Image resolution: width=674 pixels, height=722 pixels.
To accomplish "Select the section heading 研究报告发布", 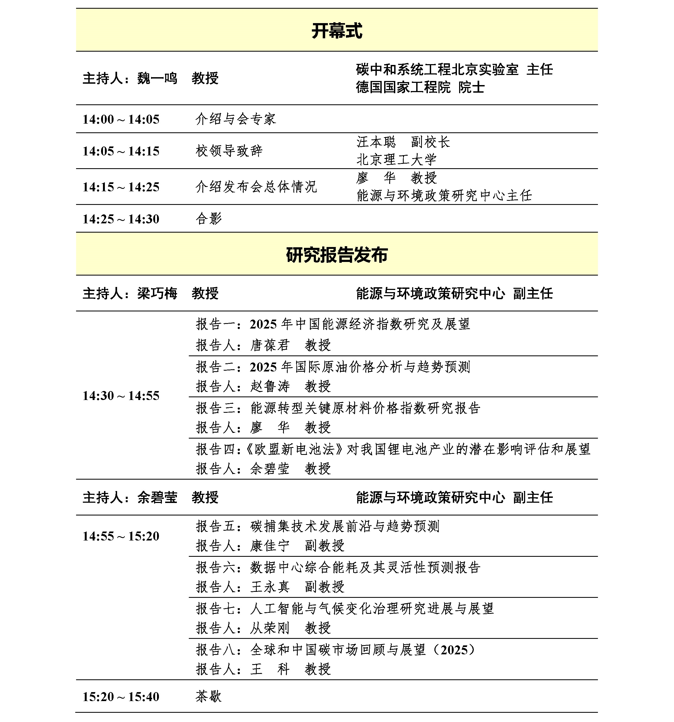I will pos(337,255).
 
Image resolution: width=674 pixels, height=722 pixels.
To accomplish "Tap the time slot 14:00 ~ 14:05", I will pos(121,119).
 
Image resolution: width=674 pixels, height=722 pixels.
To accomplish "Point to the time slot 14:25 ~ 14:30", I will pos(121,219).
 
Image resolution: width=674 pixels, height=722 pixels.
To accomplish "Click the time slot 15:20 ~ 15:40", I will pos(121,696).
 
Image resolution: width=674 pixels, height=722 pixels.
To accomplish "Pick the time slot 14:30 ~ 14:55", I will pos(121,395).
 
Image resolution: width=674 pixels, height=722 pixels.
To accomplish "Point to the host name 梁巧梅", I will pos(157,293).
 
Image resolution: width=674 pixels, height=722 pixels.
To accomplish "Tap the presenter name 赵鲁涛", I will pos(270,386).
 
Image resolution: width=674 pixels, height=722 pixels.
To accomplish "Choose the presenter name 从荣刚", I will pos(270,628).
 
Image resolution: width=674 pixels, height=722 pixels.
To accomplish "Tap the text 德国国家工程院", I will pos(403,87).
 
